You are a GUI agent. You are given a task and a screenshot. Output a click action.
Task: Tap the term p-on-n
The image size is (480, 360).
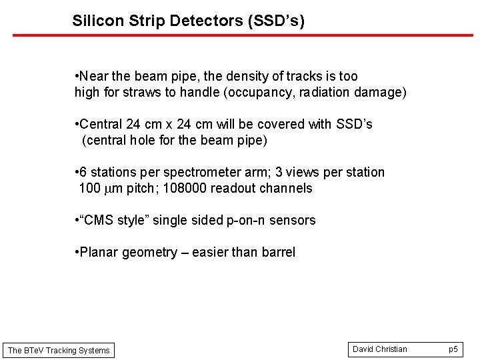(x=245, y=221)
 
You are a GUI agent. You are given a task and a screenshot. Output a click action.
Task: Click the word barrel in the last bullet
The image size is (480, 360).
(x=277, y=253)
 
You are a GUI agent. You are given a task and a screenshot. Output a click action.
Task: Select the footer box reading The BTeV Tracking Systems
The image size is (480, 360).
(x=59, y=351)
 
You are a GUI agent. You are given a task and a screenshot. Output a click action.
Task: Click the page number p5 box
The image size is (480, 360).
(x=453, y=349)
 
